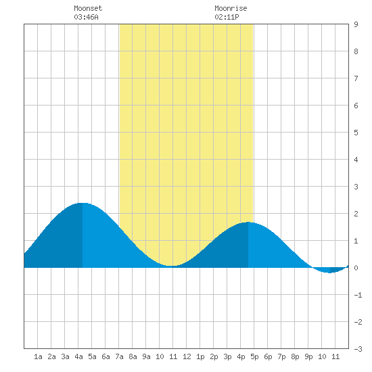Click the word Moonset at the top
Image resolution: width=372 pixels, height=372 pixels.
(88, 8)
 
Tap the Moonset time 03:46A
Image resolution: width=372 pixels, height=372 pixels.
(86, 17)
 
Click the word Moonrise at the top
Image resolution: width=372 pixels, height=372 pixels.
(231, 8)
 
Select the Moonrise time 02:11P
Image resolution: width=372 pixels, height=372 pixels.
(227, 17)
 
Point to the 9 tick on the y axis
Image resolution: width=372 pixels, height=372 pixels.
(356, 24)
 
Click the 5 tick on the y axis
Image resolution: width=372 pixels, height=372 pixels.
(356, 133)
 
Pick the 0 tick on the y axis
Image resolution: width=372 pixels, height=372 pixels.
(356, 268)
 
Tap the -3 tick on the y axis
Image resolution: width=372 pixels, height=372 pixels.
(358, 349)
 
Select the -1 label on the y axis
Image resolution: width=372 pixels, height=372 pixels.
(358, 295)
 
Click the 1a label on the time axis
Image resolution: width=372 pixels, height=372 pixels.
(38, 356)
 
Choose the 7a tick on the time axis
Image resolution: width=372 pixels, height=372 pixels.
(119, 356)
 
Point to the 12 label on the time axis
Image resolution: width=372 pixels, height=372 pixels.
(187, 356)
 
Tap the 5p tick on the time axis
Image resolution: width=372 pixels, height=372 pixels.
(254, 356)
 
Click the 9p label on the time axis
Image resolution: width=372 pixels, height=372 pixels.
(308, 356)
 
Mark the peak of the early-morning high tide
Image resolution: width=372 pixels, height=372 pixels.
(83, 203)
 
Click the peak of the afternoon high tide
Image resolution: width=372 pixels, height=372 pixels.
(248, 222)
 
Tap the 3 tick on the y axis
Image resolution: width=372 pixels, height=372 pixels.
(356, 187)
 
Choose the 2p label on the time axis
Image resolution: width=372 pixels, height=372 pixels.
(214, 356)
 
